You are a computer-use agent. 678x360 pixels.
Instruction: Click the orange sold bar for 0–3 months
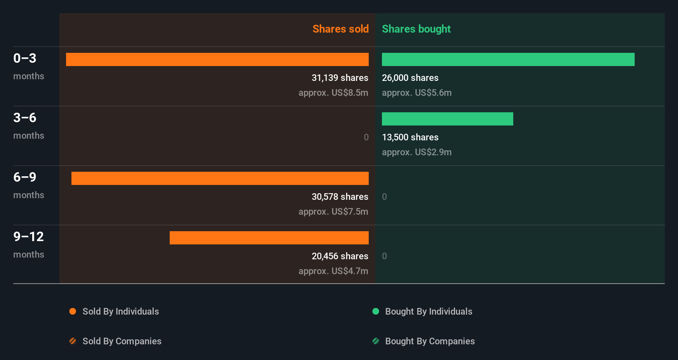(217, 59)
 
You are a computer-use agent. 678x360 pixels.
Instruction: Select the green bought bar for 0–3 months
(508, 59)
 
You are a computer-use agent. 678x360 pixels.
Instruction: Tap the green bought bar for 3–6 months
(447, 119)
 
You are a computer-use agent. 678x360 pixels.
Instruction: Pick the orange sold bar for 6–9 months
(220, 178)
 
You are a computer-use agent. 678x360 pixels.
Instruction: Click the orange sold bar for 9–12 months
(269, 238)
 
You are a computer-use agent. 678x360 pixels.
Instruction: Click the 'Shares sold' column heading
(340, 29)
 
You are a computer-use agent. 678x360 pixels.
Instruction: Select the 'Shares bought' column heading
(416, 29)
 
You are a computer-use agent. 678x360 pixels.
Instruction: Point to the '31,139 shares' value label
(339, 78)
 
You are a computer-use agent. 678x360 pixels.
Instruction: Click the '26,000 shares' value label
(410, 78)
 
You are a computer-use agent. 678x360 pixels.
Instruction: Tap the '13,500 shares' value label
(410, 137)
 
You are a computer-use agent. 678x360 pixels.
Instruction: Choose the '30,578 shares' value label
(339, 197)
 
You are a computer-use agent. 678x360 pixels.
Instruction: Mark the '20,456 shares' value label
(339, 256)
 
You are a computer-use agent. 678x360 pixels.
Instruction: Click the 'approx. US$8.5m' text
(333, 92)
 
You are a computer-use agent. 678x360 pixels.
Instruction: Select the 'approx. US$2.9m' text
(417, 152)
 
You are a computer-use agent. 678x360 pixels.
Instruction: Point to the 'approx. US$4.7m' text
(333, 271)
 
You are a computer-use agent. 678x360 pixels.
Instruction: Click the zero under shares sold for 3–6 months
(366, 137)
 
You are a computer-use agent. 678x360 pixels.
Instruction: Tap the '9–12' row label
(28, 237)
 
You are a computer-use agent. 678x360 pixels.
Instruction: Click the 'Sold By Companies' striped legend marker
(73, 341)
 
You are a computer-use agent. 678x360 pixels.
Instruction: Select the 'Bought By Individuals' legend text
(429, 311)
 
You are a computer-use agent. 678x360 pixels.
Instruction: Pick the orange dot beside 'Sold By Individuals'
(73, 311)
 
